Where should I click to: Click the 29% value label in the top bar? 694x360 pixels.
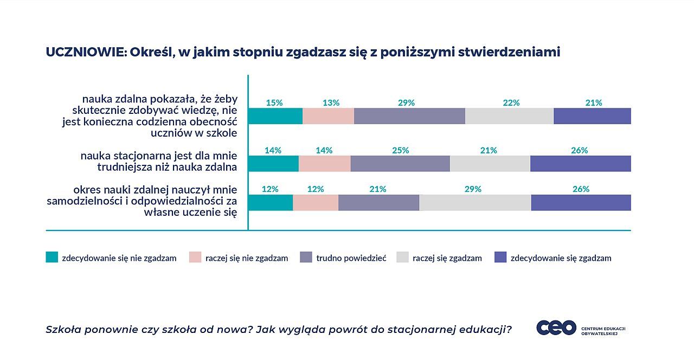(406, 102)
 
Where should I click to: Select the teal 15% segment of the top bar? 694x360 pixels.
(275, 116)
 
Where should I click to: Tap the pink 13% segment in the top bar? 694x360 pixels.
(328, 116)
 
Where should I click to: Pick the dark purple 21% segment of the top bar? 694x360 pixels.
(592, 116)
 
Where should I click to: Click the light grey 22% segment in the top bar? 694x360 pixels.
(509, 116)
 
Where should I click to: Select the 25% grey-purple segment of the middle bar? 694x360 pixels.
(400, 164)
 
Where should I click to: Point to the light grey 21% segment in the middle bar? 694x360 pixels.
(490, 164)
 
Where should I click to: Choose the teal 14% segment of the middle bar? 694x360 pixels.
(273, 164)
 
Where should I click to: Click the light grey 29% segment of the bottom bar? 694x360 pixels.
(475, 202)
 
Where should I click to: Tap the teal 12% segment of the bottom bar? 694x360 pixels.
(271, 202)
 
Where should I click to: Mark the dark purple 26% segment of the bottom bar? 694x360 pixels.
(581, 202)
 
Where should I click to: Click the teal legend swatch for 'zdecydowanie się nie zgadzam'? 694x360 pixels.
(52, 258)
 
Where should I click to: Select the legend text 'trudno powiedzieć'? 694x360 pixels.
(351, 258)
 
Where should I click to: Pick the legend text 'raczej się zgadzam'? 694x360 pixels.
(447, 258)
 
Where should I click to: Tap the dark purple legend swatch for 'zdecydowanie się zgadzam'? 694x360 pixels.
(500, 258)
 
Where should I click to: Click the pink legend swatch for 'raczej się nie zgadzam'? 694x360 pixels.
(195, 258)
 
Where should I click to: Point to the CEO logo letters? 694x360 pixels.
(556, 327)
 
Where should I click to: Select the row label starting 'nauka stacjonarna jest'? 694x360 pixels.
(159, 161)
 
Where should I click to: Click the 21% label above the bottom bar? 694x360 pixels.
(378, 189)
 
